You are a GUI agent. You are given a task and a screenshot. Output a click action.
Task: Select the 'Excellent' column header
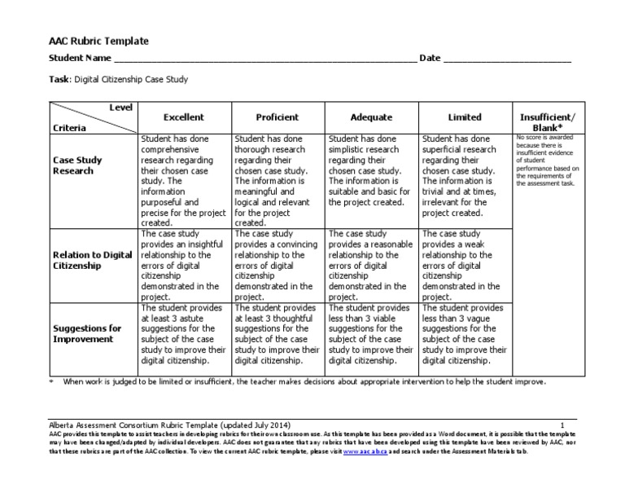click(x=183, y=117)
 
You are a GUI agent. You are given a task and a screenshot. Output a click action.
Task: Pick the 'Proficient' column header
click(x=277, y=117)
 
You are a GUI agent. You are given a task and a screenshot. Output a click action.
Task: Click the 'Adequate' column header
click(x=371, y=117)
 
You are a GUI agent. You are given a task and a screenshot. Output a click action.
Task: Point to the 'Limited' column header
click(x=465, y=117)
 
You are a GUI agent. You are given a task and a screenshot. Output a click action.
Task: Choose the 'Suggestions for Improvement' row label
click(x=87, y=333)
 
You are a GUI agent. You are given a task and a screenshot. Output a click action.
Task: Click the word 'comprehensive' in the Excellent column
click(x=169, y=151)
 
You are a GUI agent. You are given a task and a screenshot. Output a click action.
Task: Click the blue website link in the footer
click(x=363, y=449)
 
